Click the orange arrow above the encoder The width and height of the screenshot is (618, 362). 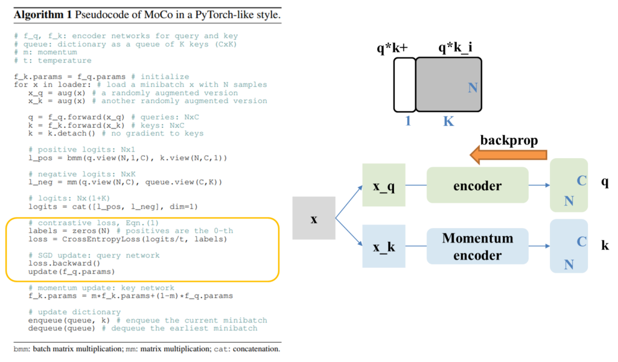click(508, 155)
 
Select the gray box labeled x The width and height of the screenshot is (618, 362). click(314, 218)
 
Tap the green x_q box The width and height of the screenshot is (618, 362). click(384, 185)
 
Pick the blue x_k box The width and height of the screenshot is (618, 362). click(384, 246)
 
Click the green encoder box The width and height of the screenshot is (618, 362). click(477, 185)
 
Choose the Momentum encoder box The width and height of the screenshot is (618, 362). click(477, 246)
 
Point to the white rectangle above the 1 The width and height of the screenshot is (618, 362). click(404, 84)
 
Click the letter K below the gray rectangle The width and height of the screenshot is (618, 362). click(448, 121)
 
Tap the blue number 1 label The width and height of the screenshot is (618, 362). click(408, 121)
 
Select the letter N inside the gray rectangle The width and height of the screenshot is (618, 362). click(473, 88)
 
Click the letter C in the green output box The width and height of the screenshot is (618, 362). click(582, 180)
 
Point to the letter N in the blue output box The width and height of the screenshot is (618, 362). click(569, 264)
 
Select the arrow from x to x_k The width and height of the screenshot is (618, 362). click(348, 233)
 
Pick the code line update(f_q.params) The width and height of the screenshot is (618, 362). click(71, 271)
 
